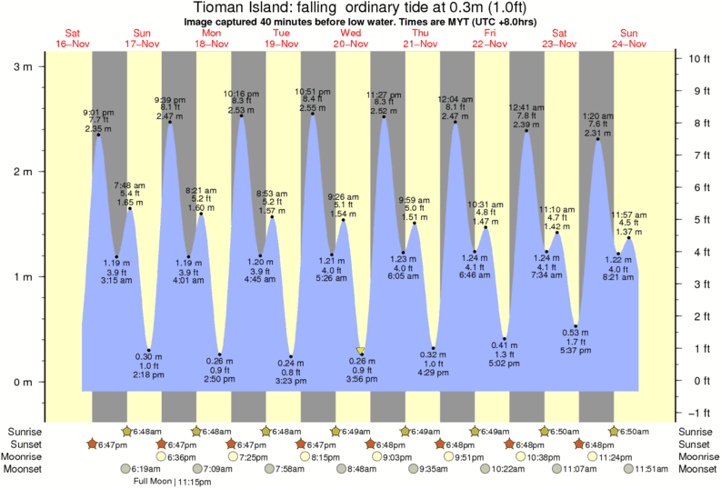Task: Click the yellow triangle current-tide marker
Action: [361, 350]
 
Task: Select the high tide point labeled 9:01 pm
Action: [98, 135]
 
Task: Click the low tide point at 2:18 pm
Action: [149, 350]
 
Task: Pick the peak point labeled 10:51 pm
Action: [313, 114]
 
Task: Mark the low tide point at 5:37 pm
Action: [576, 325]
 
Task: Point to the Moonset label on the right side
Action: [696, 469]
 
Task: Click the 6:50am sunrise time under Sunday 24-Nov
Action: [633, 431]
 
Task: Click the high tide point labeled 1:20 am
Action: [597, 139]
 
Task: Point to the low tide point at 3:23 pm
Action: [291, 355]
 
